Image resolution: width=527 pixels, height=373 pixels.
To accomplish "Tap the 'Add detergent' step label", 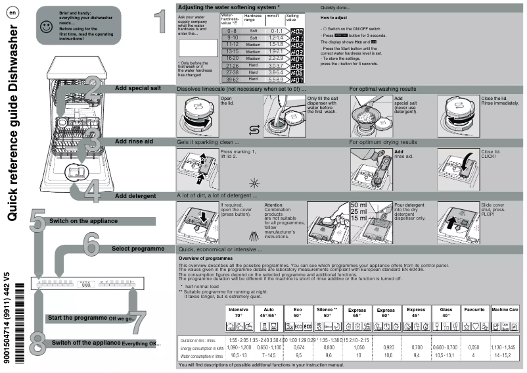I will [x=135, y=196].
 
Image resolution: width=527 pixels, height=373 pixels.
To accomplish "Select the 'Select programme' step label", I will [x=137, y=249].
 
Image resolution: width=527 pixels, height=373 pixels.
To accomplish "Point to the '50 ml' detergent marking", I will [x=359, y=205].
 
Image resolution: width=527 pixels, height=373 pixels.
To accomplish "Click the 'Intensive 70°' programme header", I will [x=239, y=312].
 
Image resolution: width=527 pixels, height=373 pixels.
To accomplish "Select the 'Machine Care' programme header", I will [x=505, y=309].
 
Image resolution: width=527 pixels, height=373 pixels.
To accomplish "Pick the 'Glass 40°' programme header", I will [x=446, y=312].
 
